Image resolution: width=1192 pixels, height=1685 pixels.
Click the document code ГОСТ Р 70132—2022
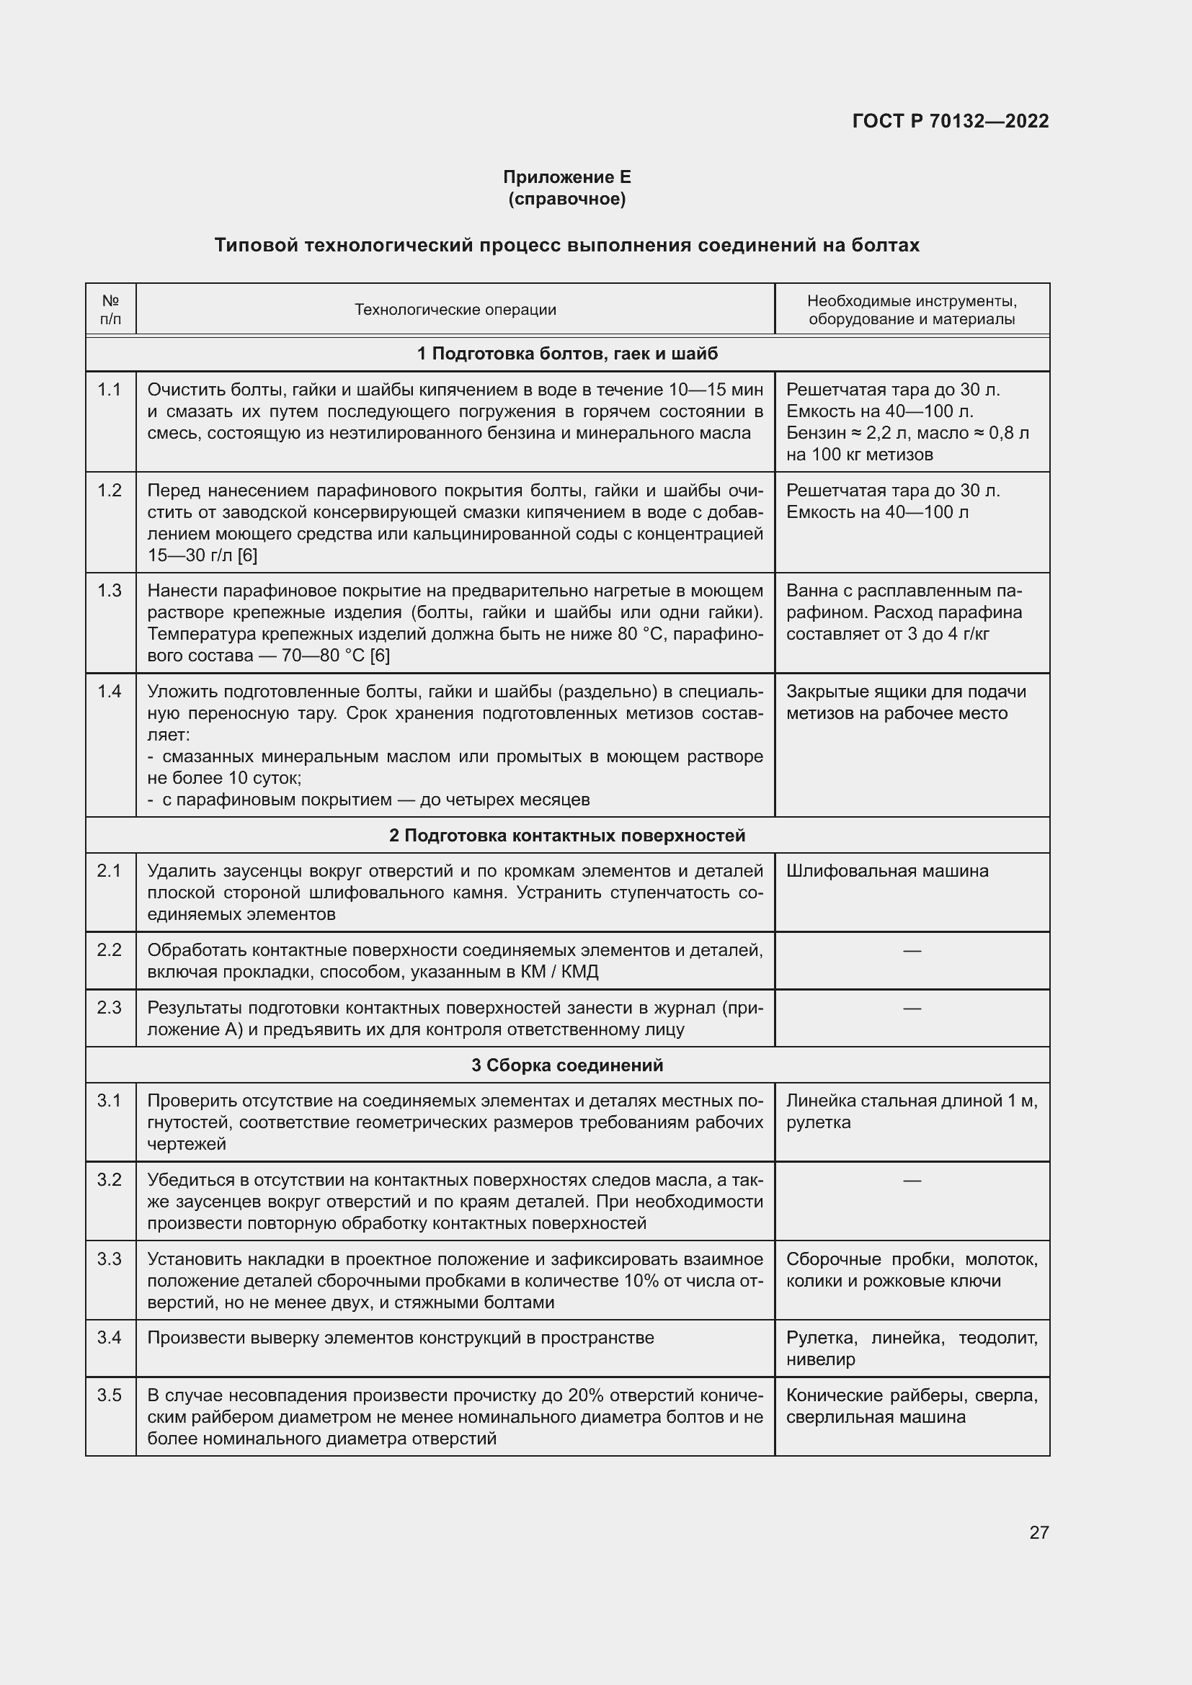[x=950, y=121]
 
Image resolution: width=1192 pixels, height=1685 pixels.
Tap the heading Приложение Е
[x=566, y=177]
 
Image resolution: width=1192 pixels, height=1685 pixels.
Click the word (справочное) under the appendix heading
[x=566, y=199]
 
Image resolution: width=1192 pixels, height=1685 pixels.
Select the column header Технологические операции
[x=455, y=310]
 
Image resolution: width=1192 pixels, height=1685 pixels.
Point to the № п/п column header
[x=111, y=310]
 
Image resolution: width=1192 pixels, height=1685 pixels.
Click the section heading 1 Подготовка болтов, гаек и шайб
[x=566, y=354]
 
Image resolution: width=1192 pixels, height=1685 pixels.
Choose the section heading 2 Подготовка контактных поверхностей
[x=566, y=835]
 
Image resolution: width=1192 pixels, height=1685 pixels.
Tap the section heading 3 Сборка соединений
[x=566, y=1065]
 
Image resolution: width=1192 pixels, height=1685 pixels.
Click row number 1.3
[x=110, y=591]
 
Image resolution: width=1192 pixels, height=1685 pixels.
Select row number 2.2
[x=110, y=949]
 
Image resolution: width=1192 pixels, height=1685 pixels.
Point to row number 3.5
[x=110, y=1395]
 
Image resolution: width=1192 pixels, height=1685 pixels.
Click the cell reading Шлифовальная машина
[x=886, y=871]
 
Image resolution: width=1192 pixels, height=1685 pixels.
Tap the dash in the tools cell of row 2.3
[x=912, y=1009]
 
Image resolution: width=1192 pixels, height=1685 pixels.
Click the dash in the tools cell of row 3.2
[x=912, y=1180]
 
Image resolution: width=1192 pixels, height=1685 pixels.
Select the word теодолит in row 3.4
[x=997, y=1338]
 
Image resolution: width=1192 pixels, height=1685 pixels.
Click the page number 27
[x=1038, y=1532]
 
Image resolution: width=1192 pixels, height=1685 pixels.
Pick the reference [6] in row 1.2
[x=247, y=555]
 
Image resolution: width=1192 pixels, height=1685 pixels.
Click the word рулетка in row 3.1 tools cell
[x=819, y=1122]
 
